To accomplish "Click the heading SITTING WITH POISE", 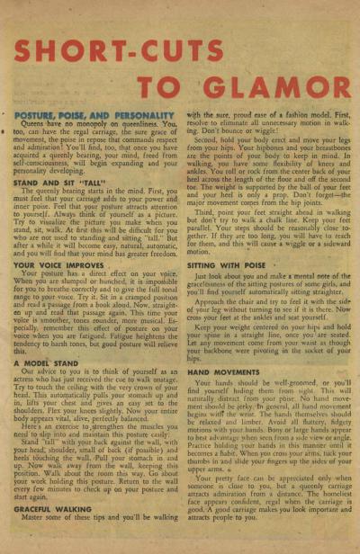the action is point(226,266).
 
